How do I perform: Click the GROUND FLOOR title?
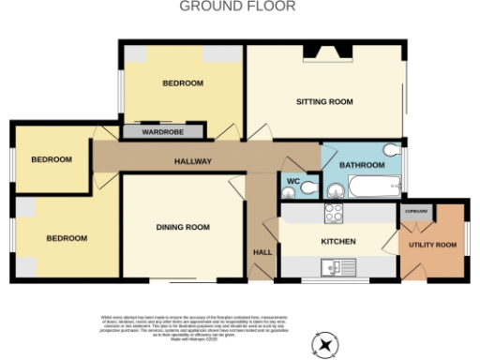[x=237, y=7]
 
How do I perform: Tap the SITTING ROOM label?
[x=324, y=101]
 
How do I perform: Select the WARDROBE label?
[x=162, y=132]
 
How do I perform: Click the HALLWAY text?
[x=193, y=162]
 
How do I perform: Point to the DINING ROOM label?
[x=183, y=227]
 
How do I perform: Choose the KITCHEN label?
[x=338, y=242]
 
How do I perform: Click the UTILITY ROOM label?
[x=433, y=245]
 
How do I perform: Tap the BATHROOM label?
[x=362, y=165]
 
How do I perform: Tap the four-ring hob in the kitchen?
[x=335, y=213]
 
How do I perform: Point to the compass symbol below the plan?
[x=325, y=346]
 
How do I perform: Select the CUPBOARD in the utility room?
[x=416, y=212]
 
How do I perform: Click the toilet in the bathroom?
[x=392, y=149]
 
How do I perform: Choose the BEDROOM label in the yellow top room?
[x=183, y=83]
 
